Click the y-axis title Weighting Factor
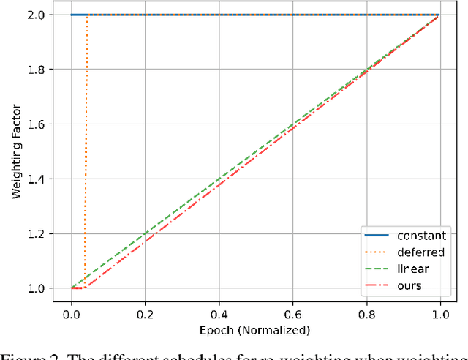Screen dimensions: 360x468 (15, 151)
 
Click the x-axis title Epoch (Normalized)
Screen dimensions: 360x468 (255, 330)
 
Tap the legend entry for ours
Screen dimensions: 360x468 (409, 285)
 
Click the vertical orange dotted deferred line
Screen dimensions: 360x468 (86, 146)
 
